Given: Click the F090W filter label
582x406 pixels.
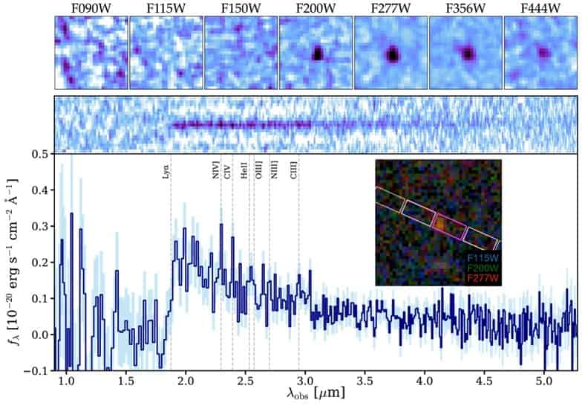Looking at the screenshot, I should (91, 8).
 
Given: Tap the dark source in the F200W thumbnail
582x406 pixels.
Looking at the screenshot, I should (318, 54).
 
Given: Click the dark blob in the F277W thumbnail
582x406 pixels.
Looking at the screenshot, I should (392, 54).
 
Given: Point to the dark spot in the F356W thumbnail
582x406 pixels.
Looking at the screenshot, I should (468, 53).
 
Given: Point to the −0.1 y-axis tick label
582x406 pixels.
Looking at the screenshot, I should (37, 370).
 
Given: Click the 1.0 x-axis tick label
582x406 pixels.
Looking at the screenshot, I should (66, 380).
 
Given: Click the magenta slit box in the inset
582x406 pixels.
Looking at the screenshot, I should (448, 224).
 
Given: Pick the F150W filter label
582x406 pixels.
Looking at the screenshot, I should (241, 8).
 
